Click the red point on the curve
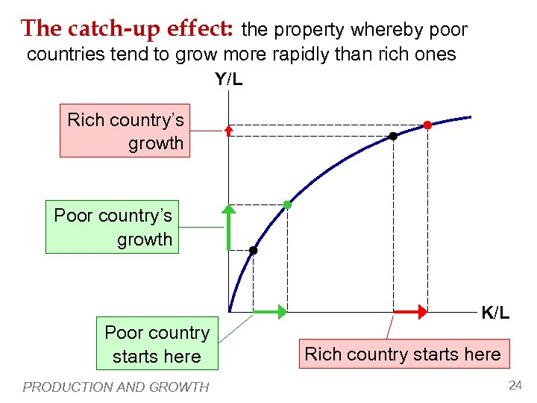[427, 125]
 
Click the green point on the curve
[287, 204]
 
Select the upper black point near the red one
[393, 137]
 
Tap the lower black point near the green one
[253, 251]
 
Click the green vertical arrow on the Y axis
[229, 227]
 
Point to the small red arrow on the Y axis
[229, 130]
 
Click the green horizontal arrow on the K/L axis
[269, 310]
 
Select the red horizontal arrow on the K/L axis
[409, 310]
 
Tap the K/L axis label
[495, 313]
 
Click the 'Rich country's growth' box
[125, 131]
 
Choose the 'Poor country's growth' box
[113, 227]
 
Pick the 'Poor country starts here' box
[157, 344]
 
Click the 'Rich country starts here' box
[403, 354]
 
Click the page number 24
[515, 385]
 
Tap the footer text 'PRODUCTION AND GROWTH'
[116, 387]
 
